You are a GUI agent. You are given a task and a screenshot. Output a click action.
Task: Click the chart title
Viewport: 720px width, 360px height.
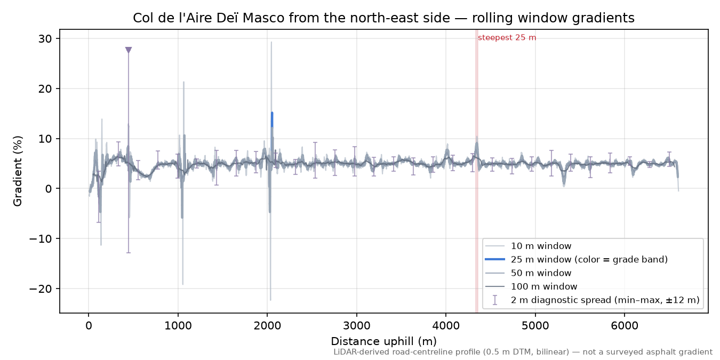click(x=384, y=18)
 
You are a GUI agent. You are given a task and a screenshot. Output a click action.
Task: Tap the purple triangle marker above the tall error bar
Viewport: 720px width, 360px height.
click(x=129, y=50)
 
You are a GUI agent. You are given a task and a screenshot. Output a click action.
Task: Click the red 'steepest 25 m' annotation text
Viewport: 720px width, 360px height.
click(x=507, y=38)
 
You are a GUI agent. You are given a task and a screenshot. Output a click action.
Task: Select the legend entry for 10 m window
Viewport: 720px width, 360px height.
click(x=529, y=246)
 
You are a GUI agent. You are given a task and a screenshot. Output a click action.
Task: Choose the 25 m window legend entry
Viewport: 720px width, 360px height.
click(x=577, y=259)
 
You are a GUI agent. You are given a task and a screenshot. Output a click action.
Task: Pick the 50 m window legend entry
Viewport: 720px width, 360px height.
click(x=529, y=273)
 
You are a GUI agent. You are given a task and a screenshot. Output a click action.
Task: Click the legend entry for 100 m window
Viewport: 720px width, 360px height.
click(x=531, y=286)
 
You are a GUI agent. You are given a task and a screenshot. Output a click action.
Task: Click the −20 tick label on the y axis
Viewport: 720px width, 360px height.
click(x=40, y=289)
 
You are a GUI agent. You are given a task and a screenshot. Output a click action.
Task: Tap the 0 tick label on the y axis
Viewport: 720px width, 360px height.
click(x=49, y=189)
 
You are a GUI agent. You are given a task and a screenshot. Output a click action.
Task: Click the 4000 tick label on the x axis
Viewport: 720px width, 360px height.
click(x=446, y=326)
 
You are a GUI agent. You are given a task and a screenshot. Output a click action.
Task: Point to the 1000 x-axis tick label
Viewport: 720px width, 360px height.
click(x=178, y=326)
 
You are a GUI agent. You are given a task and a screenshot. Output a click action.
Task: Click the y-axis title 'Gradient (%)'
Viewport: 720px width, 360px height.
click(x=18, y=171)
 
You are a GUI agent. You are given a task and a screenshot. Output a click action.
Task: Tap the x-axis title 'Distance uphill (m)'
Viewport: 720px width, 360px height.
click(x=384, y=341)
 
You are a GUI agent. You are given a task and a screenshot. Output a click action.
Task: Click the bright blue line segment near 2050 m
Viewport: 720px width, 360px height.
click(x=272, y=119)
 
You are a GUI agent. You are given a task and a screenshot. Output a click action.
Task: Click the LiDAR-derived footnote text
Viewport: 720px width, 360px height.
click(x=523, y=353)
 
